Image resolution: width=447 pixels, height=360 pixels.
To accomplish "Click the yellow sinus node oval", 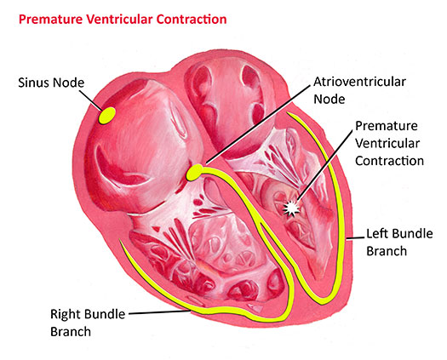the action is tap(107, 116).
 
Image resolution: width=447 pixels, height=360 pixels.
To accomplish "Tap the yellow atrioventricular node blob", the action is tap(195, 173).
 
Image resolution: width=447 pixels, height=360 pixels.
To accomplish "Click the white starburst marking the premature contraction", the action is tap(291, 209).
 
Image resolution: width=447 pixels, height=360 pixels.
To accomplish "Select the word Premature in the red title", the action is tap(51, 20).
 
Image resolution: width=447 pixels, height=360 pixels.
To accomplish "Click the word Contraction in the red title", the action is tap(192, 20).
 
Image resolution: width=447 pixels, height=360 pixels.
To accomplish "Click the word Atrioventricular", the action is tap(360, 82).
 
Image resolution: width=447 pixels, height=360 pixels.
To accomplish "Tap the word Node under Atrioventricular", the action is tap(330, 100).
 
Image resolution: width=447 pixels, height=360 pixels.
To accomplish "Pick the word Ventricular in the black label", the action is tap(387, 143).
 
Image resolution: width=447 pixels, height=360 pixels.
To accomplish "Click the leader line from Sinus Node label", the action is tap(90, 100).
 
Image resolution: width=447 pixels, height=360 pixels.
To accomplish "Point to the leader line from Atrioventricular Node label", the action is tap(258, 124).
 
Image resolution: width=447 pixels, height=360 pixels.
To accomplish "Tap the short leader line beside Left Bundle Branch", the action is tap(356, 238).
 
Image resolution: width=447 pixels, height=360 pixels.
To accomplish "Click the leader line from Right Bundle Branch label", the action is tap(160, 312).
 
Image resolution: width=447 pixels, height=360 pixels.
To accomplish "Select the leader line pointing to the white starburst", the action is tap(324, 165).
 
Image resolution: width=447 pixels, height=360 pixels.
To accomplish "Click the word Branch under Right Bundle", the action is tap(71, 332).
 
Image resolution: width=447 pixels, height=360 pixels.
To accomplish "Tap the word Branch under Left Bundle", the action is tap(387, 251).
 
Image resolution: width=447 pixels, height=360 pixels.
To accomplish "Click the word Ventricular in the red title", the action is tap(119, 20).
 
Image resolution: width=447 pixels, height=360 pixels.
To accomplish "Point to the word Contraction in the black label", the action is tap(389, 161).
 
